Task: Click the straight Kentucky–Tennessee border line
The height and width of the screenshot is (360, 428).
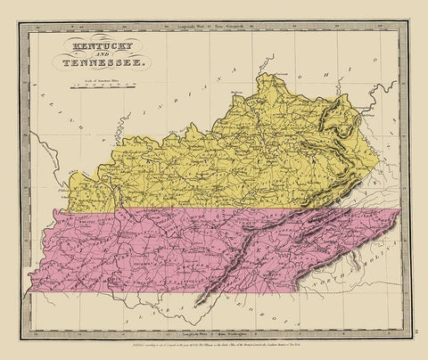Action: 178,209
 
